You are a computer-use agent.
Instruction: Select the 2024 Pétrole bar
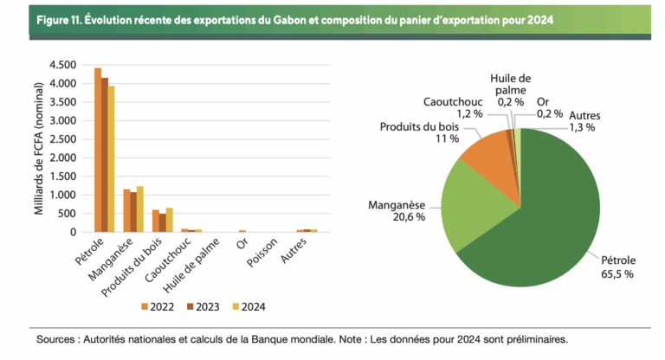pos(111,159)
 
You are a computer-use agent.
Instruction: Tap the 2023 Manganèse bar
pos(133,212)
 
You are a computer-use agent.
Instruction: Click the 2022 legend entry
pos(159,306)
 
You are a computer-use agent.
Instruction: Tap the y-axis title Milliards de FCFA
pos(38,147)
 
